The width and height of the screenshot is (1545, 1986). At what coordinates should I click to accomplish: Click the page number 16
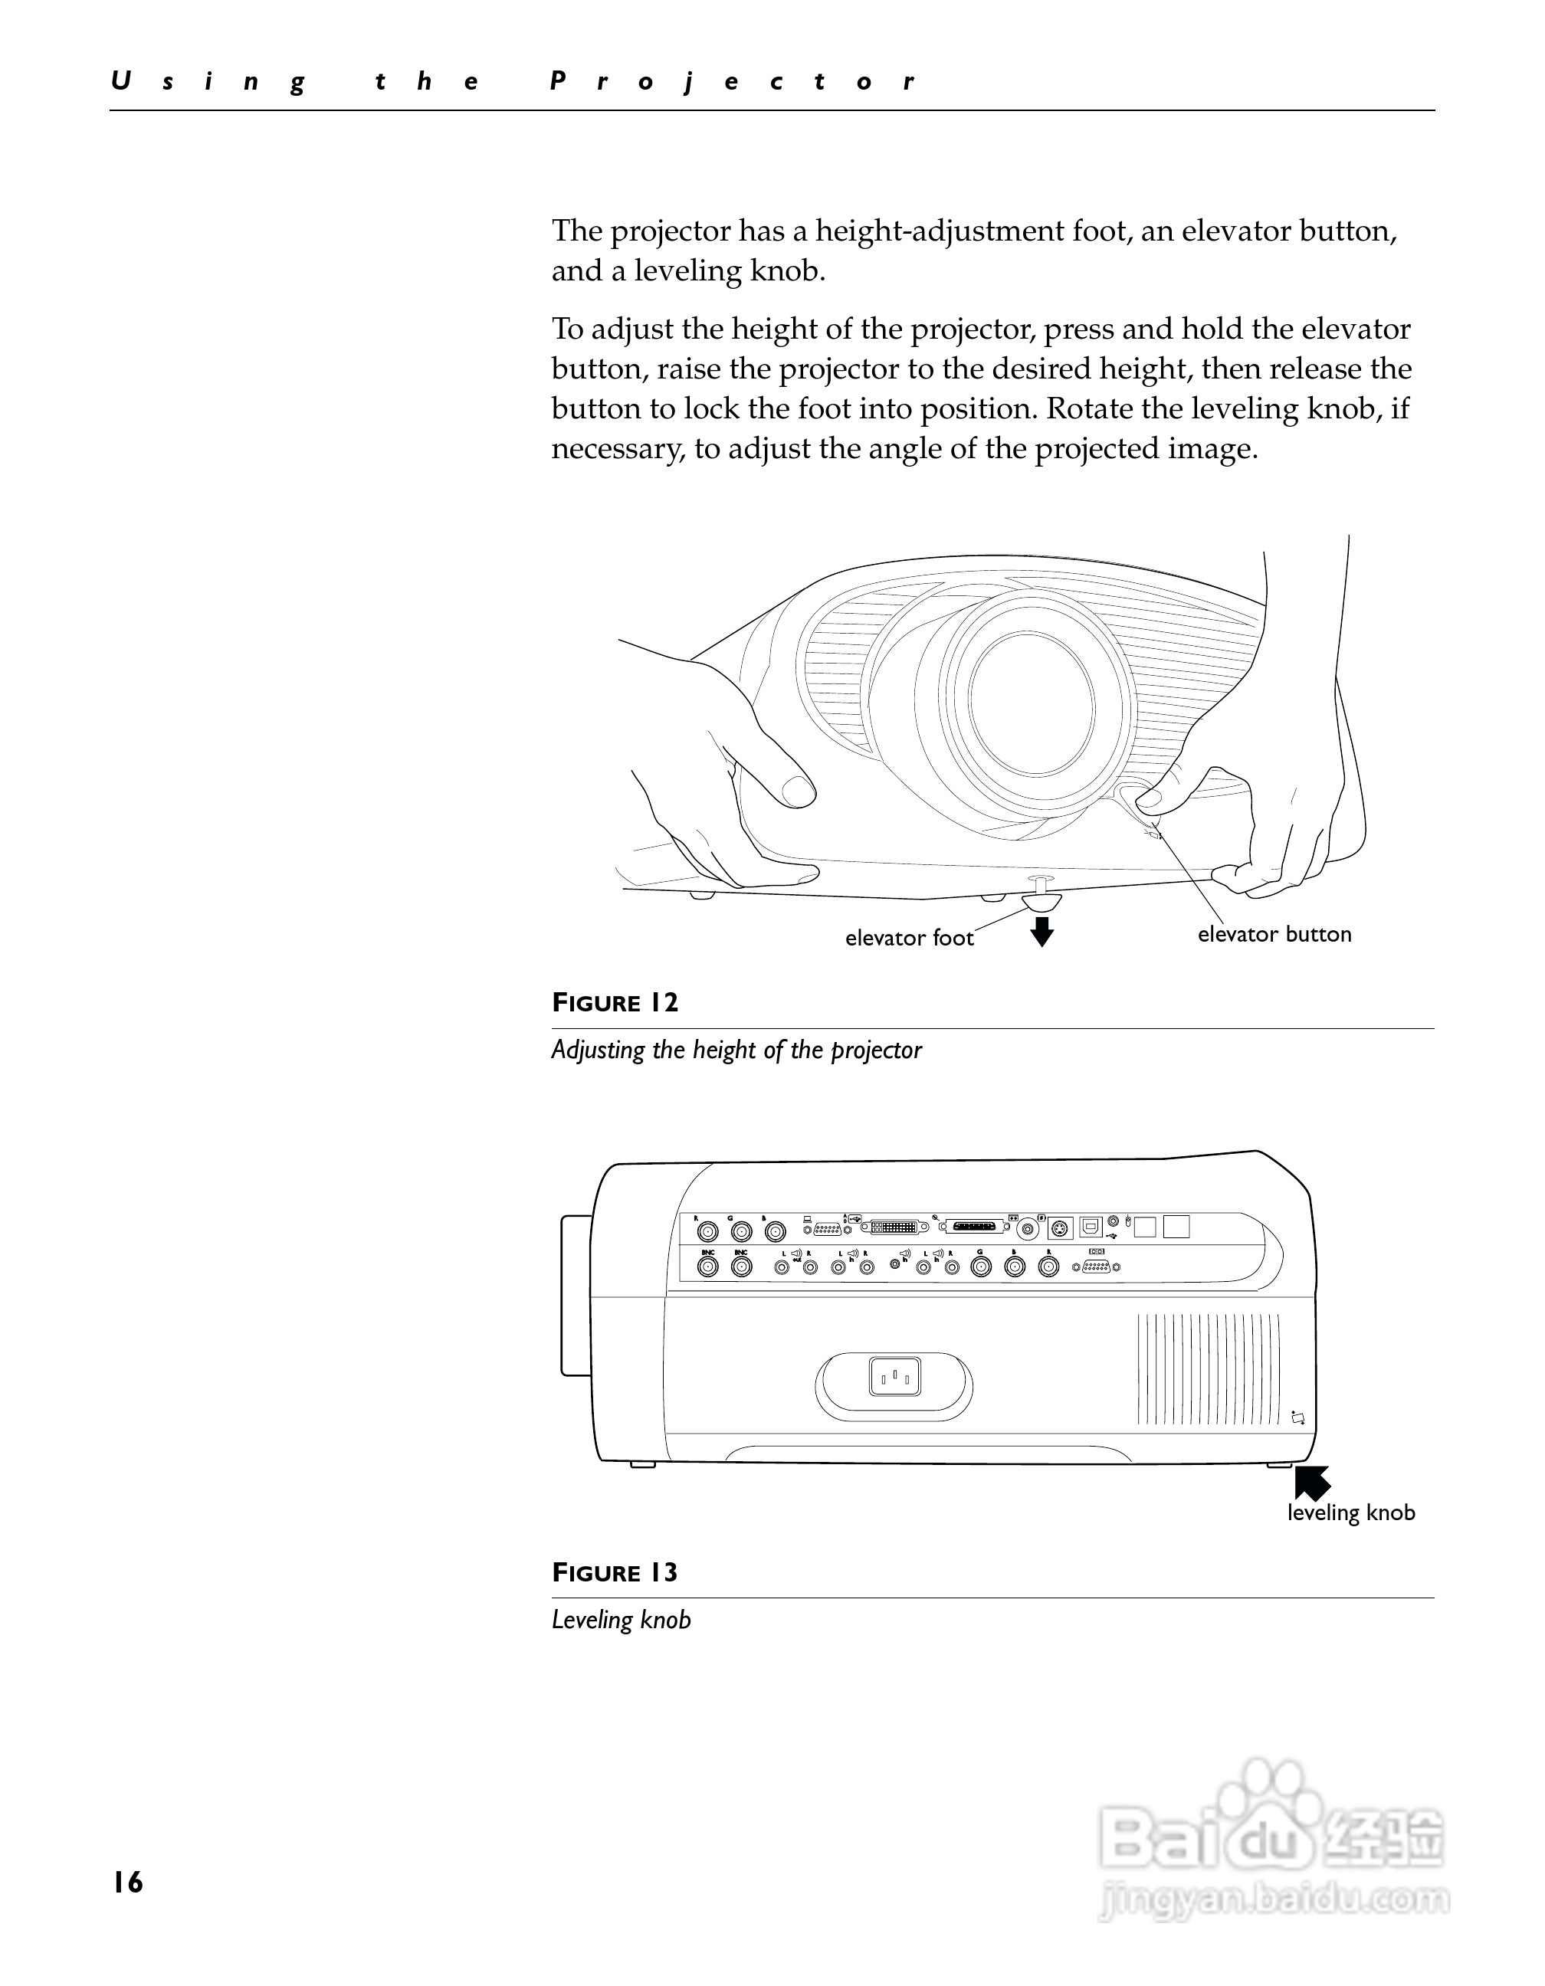click(128, 1882)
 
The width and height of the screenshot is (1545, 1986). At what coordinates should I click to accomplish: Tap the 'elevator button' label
click(1273, 935)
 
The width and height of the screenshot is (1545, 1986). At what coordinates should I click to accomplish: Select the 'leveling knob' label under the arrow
click(1350, 1512)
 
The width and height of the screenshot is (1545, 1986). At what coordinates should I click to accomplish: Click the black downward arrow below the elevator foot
click(1042, 931)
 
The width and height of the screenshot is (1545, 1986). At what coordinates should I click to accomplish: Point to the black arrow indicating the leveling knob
click(1311, 1483)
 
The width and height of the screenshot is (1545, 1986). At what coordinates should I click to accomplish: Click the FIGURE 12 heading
click(615, 1003)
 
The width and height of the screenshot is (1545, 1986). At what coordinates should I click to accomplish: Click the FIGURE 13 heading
click(615, 1573)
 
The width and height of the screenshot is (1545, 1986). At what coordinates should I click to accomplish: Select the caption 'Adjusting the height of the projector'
click(736, 1050)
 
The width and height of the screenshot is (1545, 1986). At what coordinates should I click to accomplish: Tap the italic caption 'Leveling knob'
click(621, 1621)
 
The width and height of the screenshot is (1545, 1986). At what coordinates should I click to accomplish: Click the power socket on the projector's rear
click(895, 1377)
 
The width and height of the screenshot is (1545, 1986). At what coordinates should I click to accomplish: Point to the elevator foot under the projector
click(1042, 900)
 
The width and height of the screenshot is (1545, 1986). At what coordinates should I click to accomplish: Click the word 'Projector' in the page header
click(733, 82)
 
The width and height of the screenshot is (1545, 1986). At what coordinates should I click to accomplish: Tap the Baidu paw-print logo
click(1268, 1805)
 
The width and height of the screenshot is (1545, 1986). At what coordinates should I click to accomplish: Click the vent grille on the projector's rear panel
click(1208, 1369)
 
